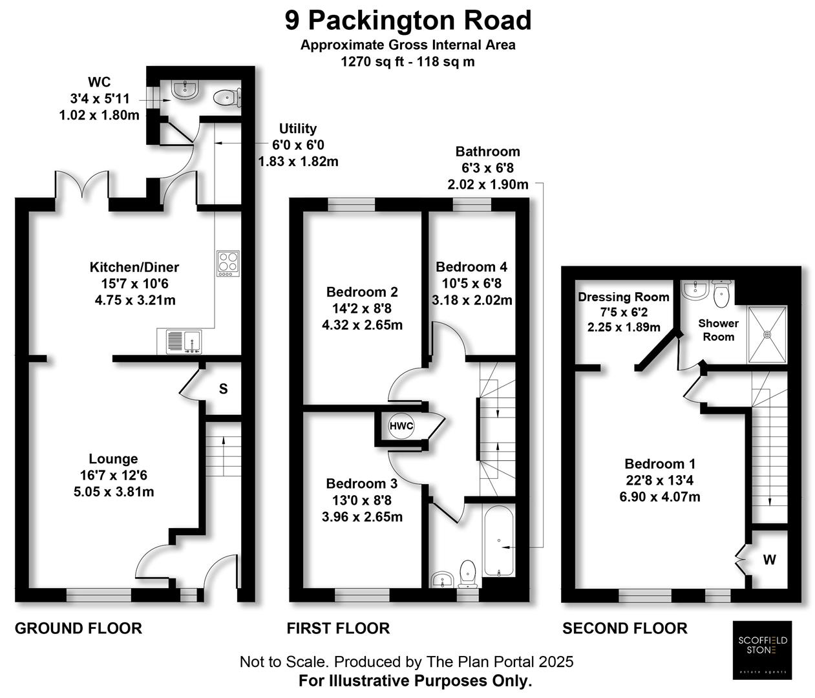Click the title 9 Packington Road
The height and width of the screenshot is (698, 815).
[x=408, y=20]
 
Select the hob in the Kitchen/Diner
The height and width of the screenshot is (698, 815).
[x=228, y=263]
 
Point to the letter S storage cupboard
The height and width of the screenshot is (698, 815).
[x=223, y=389]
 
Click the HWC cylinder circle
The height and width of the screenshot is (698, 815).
[x=401, y=427]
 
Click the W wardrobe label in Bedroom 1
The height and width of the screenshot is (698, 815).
[x=769, y=560]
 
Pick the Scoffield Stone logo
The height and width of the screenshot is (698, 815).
[x=763, y=650]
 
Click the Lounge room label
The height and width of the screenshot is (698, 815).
[x=114, y=459]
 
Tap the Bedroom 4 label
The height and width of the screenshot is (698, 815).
[x=471, y=267]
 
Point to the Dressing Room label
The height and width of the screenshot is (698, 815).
[x=623, y=297]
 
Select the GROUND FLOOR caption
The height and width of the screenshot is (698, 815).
[x=78, y=628]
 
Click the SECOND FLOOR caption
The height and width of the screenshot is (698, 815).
[x=624, y=628]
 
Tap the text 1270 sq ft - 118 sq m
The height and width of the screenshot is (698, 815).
[x=408, y=62]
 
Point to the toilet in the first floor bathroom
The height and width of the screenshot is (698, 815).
[x=468, y=571]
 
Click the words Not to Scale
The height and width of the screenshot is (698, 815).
[x=284, y=662]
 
